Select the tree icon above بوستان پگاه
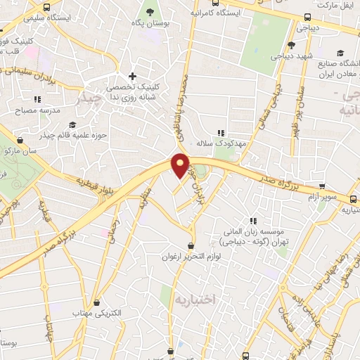tap(149, 11)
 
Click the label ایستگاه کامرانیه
tap(215, 13)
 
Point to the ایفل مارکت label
tap(335, 5)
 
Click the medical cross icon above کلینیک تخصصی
tap(132, 76)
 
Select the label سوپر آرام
tap(327, 198)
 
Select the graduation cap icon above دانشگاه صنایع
tap(340, 53)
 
